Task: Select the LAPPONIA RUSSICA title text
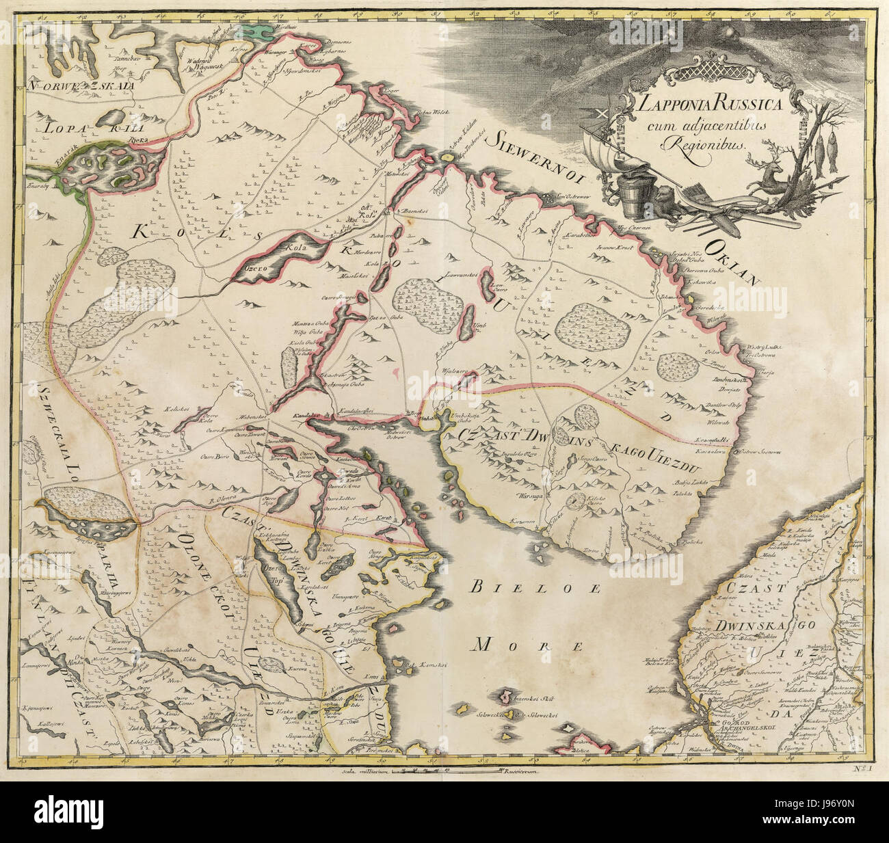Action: [x=704, y=106]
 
